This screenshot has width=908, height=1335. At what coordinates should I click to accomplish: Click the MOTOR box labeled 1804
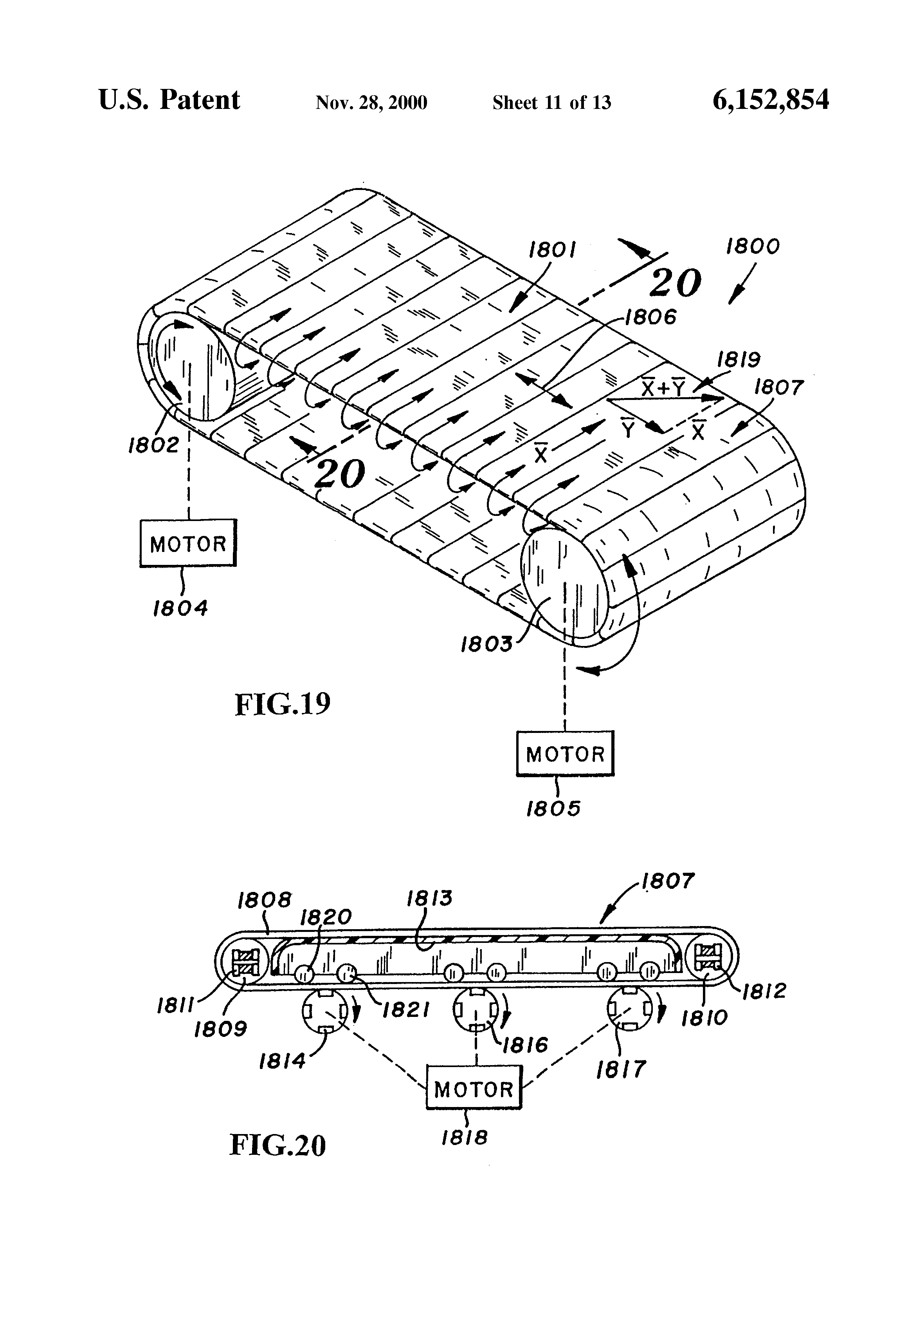[188, 543]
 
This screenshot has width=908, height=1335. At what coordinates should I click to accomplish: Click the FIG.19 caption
[283, 704]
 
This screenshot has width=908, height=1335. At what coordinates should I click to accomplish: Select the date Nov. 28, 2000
[371, 103]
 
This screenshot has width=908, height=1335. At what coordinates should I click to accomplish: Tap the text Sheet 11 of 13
[551, 103]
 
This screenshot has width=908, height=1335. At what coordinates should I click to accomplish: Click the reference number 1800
[753, 246]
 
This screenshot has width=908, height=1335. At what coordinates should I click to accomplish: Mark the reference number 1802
[153, 445]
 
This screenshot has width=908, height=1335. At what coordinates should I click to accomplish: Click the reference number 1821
[406, 1009]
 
